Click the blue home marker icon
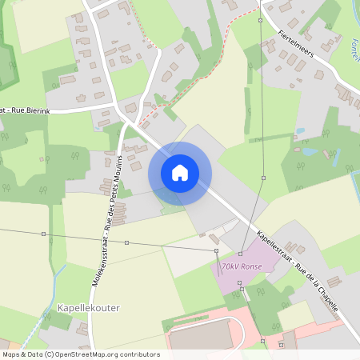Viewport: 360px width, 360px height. click(180, 172)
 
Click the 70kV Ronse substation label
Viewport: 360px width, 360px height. click(242, 266)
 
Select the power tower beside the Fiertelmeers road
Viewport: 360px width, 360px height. click(261, 20)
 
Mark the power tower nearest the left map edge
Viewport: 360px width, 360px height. click(43, 234)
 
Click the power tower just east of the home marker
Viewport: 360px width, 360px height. click(263, 178)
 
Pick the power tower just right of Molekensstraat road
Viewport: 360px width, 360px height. click(126, 242)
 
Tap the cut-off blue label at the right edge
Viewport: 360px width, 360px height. click(354, 57)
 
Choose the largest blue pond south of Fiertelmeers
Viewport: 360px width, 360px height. click(308, 150)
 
